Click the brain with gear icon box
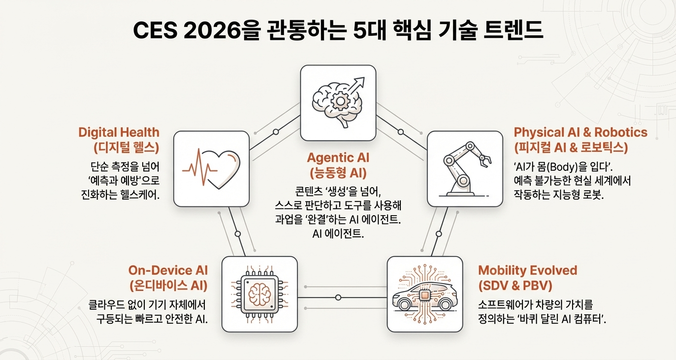(338, 102)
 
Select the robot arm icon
(464, 168)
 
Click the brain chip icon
(259, 294)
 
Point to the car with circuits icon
(425, 294)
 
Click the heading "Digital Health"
(119, 132)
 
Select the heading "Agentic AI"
(338, 158)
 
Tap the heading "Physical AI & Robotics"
(580, 132)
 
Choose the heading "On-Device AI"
(168, 270)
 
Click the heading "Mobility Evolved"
(527, 270)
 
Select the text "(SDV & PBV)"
(514, 285)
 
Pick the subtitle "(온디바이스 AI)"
(168, 285)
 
